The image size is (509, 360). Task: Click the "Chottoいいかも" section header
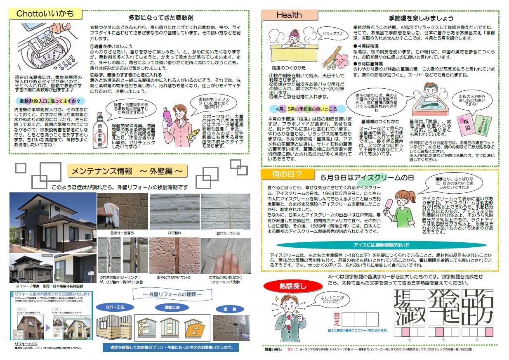(x=46, y=14)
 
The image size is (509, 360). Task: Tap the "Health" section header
(x=289, y=15)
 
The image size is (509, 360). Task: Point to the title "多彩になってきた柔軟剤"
(x=161, y=18)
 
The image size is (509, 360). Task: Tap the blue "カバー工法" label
(x=114, y=307)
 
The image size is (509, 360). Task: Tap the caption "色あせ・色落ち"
(x=122, y=233)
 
